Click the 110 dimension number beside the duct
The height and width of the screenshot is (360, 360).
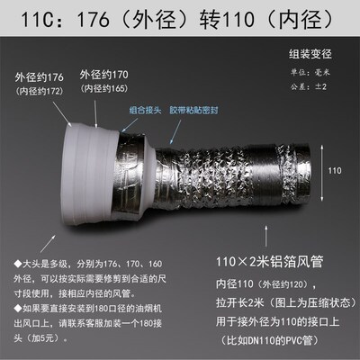tap(333, 169)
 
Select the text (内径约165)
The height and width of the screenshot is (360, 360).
tap(104, 85)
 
